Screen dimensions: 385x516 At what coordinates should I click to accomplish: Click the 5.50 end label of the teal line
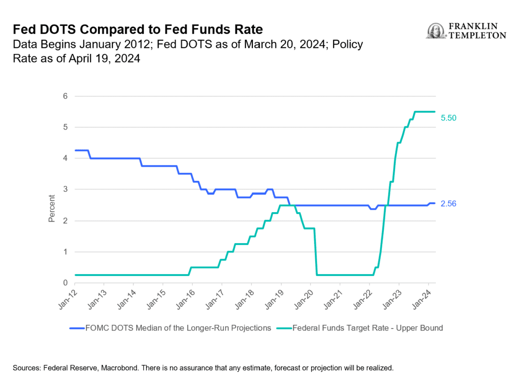[449, 118]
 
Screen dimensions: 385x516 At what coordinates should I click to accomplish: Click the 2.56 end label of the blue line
[449, 204]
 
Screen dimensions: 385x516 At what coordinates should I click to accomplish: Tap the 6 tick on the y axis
[66, 96]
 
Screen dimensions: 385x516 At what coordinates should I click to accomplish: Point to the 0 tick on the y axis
[66, 283]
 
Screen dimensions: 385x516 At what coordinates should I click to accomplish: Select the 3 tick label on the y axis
[66, 190]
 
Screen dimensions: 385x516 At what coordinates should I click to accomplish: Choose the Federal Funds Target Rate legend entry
[367, 328]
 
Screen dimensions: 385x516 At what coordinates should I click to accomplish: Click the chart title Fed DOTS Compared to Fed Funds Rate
[137, 30]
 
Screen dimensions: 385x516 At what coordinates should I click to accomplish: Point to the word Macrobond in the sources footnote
[129, 369]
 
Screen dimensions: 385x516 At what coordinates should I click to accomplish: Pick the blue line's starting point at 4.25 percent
[76, 150]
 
